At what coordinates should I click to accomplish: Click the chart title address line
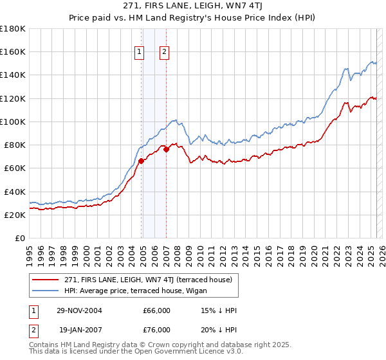click(192, 6)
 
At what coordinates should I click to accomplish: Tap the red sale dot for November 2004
click(142, 161)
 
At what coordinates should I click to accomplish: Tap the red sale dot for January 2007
click(166, 150)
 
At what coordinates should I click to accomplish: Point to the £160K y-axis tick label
click(13, 51)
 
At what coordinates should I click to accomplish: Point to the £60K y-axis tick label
click(15, 168)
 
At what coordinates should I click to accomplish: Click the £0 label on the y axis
click(20, 238)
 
